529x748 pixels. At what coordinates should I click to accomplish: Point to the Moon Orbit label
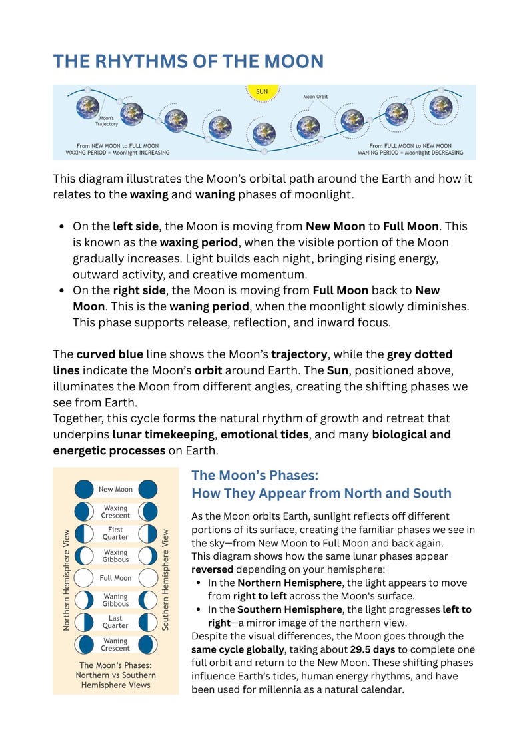tap(315, 97)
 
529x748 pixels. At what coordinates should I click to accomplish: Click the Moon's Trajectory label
tap(106, 121)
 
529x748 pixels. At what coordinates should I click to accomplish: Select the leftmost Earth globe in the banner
tap(87, 107)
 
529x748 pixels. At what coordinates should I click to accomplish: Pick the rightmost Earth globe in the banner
tap(441, 106)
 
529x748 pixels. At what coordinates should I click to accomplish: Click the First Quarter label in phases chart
tap(115, 534)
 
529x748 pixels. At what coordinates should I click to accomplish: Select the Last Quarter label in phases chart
tap(115, 622)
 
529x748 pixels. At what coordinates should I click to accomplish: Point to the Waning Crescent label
tap(115, 645)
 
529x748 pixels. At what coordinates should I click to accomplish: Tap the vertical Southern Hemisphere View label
tap(165, 579)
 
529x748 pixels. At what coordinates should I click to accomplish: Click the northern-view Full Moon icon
tap(83, 578)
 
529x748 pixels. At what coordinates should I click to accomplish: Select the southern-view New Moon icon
tap(148, 490)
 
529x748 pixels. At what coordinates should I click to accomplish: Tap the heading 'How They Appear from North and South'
tap(321, 494)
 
